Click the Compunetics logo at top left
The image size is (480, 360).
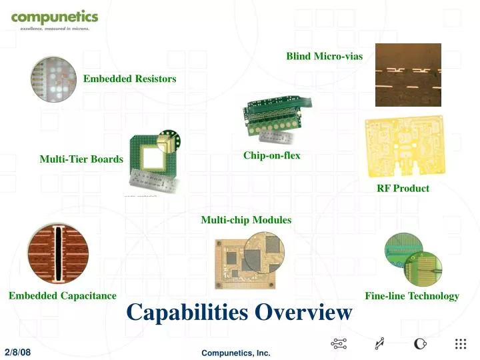(54, 19)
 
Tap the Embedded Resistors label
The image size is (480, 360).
(129, 79)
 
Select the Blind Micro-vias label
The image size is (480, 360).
(324, 56)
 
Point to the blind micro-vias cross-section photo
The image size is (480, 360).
(408, 75)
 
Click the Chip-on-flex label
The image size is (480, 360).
(271, 155)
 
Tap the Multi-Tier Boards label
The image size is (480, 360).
(81, 159)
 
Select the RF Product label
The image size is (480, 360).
(403, 188)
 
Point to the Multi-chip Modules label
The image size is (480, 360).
(246, 219)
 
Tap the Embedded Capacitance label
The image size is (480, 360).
(63, 295)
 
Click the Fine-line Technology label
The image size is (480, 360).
(411, 296)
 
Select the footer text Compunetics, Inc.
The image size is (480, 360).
(236, 353)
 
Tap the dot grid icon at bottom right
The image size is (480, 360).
(460, 344)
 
